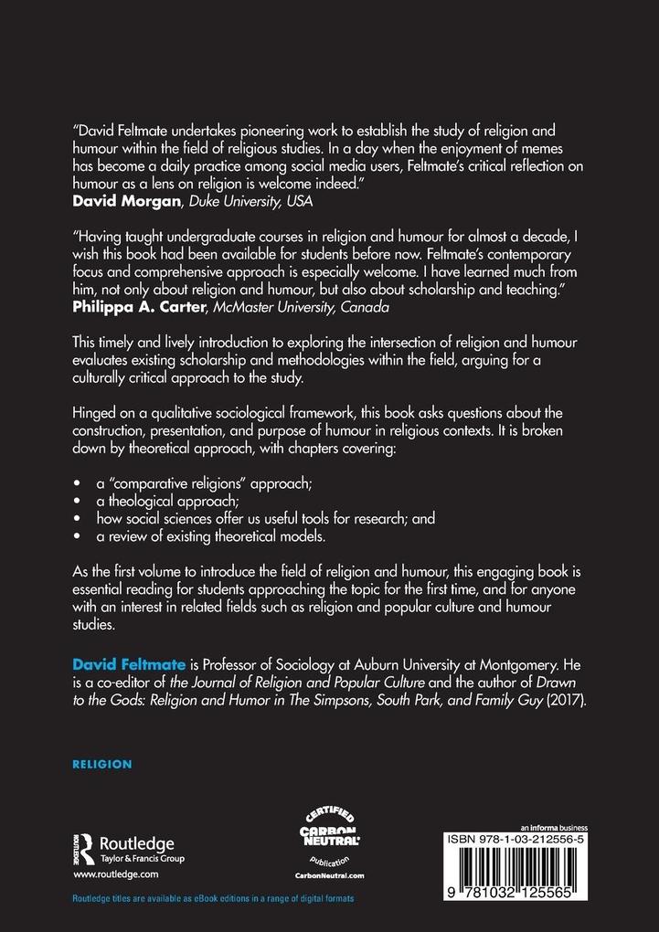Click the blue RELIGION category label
103,764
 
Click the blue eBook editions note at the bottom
212,899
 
